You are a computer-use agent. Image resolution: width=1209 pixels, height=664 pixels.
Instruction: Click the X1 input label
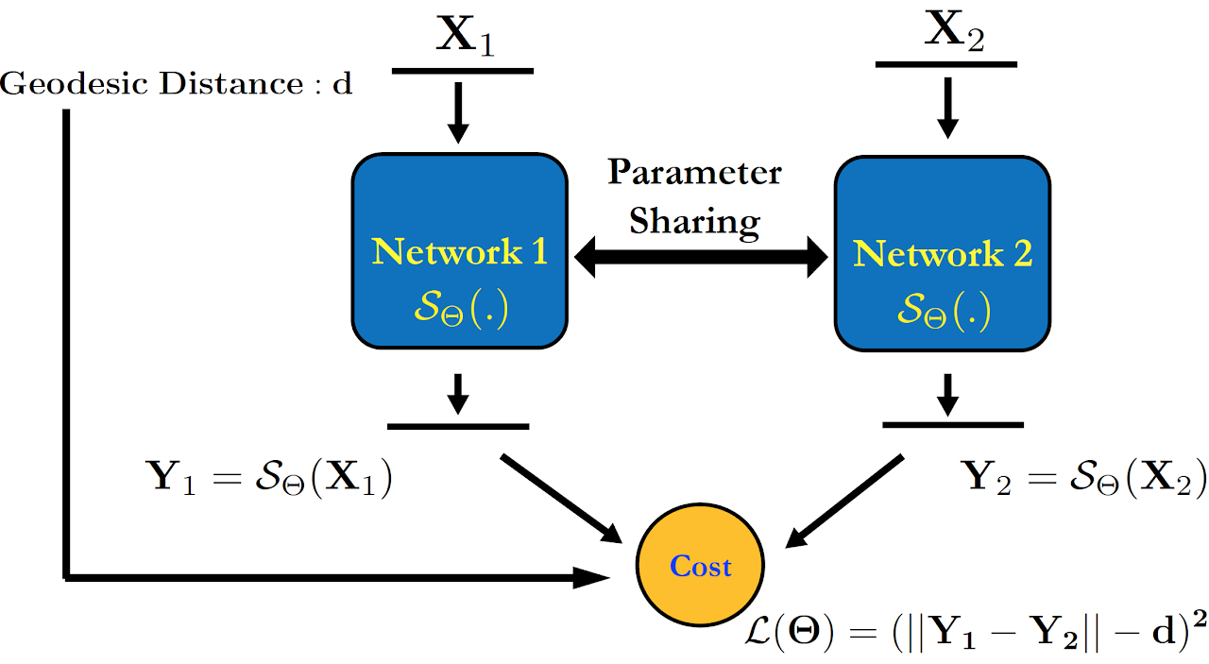point(464,37)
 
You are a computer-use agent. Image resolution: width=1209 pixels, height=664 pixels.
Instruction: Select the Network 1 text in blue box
point(459,252)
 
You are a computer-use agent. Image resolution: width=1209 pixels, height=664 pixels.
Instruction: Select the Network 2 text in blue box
point(942,254)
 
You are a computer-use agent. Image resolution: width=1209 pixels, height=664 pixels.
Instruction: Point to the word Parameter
point(694,173)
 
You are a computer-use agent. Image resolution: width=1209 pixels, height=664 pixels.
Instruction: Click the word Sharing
point(694,220)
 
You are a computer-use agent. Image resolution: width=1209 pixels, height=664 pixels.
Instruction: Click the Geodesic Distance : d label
point(177,84)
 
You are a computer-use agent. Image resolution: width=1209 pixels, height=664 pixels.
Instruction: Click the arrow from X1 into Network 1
point(458,111)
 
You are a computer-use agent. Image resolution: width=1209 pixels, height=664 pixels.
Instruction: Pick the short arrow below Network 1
point(458,393)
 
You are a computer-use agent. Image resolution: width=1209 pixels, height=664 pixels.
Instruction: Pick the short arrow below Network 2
point(949,393)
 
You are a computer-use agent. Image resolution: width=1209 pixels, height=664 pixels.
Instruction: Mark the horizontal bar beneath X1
point(462,71)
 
